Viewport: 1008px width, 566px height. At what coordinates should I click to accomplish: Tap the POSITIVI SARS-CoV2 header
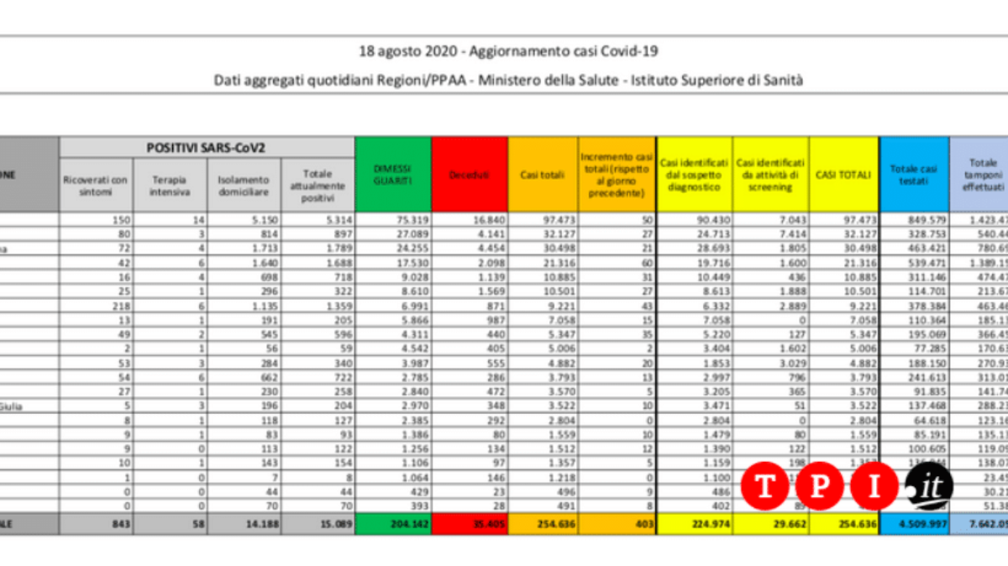(206, 147)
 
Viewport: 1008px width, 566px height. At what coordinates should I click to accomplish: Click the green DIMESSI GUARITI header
(393, 174)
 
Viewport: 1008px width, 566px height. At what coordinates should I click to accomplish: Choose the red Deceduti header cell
(470, 175)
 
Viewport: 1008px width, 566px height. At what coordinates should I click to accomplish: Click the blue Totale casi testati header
(913, 174)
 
